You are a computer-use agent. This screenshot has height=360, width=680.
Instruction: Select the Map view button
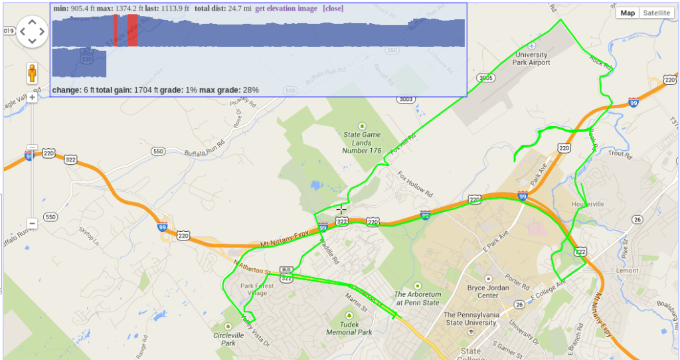point(628,13)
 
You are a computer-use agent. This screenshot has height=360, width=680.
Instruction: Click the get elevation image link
point(286,7)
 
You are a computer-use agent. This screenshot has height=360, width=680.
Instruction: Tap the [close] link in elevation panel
point(333,7)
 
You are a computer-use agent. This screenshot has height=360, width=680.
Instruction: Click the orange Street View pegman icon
point(32,73)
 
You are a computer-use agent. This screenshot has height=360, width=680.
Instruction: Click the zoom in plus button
point(32,97)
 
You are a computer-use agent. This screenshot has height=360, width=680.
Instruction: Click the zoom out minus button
point(32,223)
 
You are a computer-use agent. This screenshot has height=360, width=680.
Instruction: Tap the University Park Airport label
point(531,58)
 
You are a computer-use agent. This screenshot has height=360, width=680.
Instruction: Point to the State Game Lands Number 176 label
point(362,141)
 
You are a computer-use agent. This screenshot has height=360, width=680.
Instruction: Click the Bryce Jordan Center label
point(492,292)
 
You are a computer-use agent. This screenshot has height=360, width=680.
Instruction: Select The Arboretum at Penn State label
point(417,298)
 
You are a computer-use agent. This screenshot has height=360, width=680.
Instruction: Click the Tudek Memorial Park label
point(350,328)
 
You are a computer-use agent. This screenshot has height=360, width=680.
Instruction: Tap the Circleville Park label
point(228,339)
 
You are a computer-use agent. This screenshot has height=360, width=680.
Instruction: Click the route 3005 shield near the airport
point(486,78)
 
